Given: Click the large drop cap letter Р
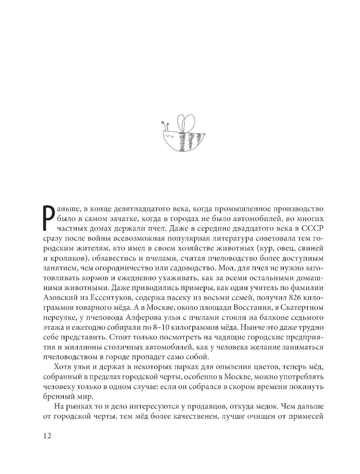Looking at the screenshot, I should (49, 218).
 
